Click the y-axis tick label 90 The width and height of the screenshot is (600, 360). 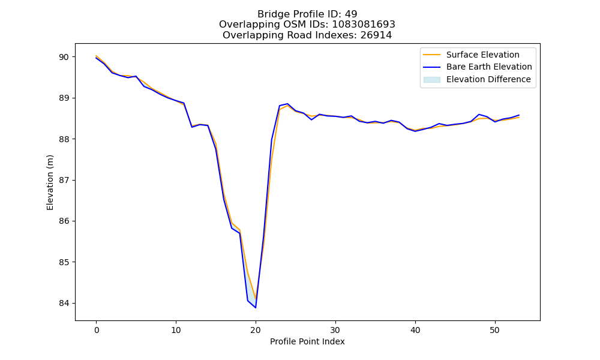pyautogui.click(x=64, y=57)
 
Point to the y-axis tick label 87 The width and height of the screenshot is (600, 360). pyautogui.click(x=64, y=180)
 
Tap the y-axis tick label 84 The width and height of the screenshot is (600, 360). pyautogui.click(x=64, y=304)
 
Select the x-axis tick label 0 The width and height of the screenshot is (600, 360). pyautogui.click(x=97, y=330)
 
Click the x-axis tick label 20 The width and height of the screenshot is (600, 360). pyautogui.click(x=256, y=330)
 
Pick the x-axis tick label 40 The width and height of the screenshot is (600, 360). pyautogui.click(x=415, y=330)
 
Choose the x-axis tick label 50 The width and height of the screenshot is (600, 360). pyautogui.click(x=495, y=330)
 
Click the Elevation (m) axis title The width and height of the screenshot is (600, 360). pyautogui.click(x=50, y=182)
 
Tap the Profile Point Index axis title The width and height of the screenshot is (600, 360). pyautogui.click(x=307, y=341)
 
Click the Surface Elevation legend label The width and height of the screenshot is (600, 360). pyautogui.click(x=483, y=55)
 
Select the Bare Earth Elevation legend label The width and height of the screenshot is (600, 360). pyautogui.click(x=489, y=67)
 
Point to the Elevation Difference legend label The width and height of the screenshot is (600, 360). pyautogui.click(x=488, y=80)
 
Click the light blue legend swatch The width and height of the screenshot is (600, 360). pyautogui.click(x=431, y=80)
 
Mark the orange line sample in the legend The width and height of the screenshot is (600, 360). pyautogui.click(x=431, y=55)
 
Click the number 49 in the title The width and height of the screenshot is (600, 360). pyautogui.click(x=351, y=14)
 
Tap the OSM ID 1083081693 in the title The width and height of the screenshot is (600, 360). pyautogui.click(x=364, y=25)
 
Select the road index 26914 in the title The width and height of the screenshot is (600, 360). pyautogui.click(x=376, y=35)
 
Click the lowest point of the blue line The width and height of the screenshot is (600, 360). pyautogui.click(x=256, y=308)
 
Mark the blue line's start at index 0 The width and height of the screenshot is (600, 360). pyautogui.click(x=97, y=58)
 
